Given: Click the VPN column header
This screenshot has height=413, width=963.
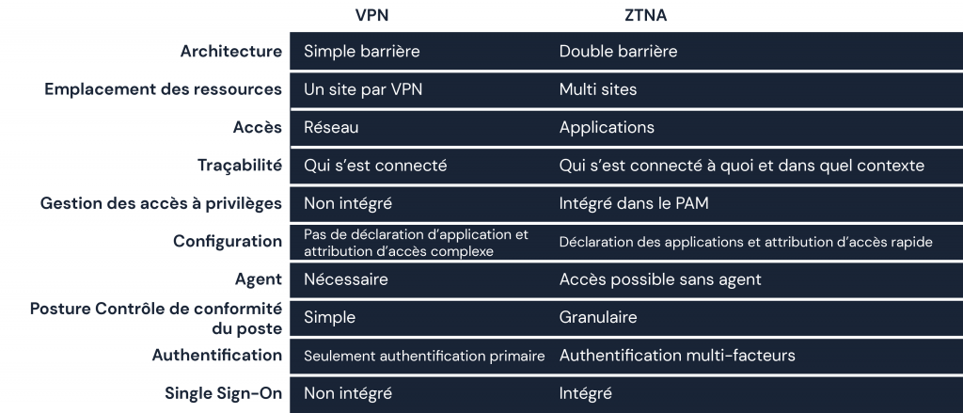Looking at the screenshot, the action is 371,15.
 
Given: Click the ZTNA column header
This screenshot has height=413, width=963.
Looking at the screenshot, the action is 645,15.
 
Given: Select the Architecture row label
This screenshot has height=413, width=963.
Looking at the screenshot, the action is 231,51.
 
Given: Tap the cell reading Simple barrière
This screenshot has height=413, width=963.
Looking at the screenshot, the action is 362,51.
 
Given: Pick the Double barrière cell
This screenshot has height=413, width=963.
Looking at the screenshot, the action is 618,51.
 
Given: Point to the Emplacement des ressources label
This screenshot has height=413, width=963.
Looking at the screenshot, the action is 164,89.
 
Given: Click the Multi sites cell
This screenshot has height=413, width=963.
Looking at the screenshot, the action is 597,89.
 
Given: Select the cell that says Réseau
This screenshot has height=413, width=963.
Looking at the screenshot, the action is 331,127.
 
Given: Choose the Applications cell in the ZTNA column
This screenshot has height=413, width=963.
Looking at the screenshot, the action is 607,127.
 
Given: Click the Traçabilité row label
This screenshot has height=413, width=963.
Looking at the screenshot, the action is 240,166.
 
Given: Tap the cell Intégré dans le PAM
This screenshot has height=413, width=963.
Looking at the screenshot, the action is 634,203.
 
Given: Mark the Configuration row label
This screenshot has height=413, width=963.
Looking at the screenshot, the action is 228,241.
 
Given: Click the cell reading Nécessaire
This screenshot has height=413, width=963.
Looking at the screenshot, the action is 346,279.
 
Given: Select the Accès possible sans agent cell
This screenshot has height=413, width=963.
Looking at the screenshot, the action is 660,279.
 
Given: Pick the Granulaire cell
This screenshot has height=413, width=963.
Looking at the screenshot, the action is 597,317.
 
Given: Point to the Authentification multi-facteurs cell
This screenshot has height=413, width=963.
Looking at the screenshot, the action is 677,356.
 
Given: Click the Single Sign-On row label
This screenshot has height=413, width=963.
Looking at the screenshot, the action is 223,393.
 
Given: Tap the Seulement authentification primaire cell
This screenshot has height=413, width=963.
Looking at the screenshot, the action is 424,356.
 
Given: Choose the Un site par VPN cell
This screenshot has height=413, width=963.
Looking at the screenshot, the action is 363,89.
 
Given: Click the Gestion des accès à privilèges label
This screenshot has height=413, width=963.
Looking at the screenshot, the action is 161,203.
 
